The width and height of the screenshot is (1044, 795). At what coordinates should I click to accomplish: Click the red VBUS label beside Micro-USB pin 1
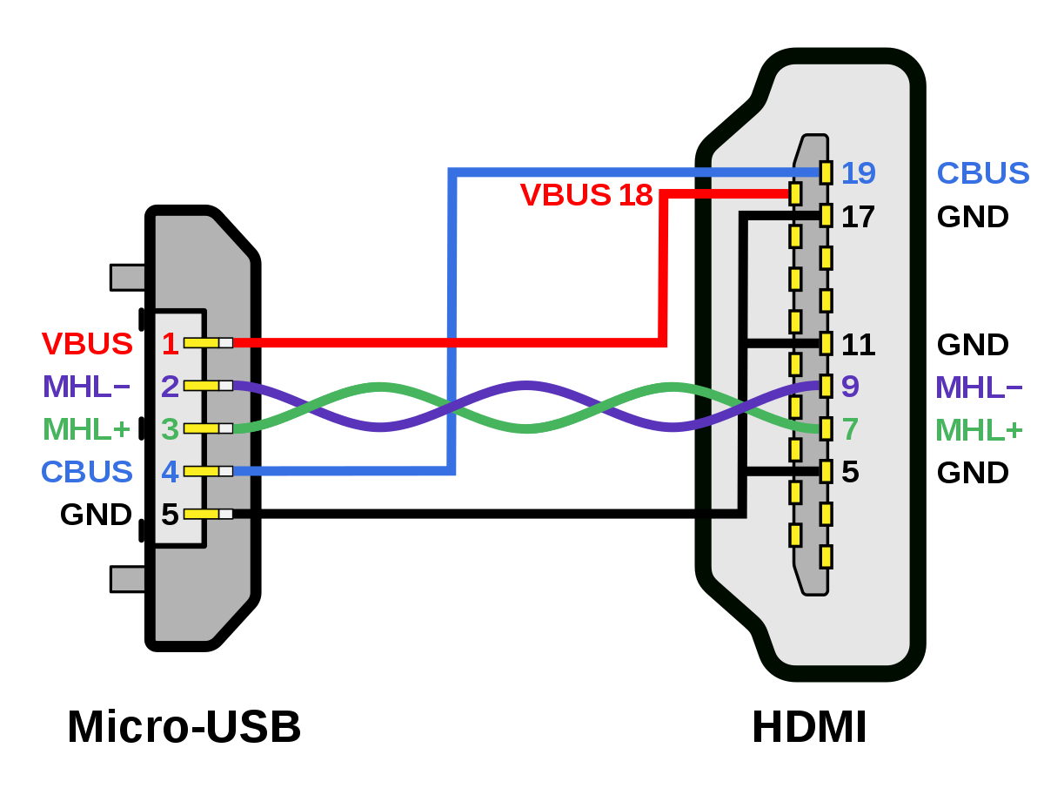click(87, 344)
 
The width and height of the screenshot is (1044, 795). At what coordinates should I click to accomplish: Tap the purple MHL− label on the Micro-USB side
click(87, 387)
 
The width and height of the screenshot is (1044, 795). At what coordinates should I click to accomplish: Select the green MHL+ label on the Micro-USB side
click(87, 429)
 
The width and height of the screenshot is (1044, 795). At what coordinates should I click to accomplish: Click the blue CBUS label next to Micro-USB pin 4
click(87, 471)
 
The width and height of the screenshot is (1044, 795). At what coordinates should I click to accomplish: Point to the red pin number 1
click(170, 344)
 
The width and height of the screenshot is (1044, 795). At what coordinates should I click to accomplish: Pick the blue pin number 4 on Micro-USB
click(170, 471)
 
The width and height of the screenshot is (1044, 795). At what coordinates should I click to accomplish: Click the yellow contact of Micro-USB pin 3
click(202, 428)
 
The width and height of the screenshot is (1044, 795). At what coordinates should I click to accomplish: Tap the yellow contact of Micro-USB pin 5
click(202, 514)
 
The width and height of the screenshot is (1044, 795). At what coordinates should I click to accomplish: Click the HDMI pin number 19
click(858, 173)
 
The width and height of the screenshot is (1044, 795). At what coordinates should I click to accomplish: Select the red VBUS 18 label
click(586, 195)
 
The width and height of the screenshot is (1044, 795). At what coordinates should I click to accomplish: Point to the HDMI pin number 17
click(858, 217)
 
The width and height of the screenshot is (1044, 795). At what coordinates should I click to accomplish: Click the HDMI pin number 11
click(858, 345)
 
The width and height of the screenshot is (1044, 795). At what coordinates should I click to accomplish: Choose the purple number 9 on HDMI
click(850, 387)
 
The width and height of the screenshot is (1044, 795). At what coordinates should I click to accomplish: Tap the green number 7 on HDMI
click(850, 429)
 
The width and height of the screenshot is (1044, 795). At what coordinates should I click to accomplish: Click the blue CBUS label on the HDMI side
click(982, 173)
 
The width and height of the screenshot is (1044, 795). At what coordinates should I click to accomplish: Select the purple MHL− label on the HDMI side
click(979, 387)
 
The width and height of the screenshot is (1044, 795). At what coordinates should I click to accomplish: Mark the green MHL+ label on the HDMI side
click(979, 429)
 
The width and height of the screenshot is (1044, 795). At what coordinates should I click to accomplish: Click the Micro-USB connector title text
click(184, 727)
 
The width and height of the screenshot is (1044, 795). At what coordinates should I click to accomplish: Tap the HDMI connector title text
click(809, 727)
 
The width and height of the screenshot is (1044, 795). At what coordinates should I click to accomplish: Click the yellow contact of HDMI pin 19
click(826, 172)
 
